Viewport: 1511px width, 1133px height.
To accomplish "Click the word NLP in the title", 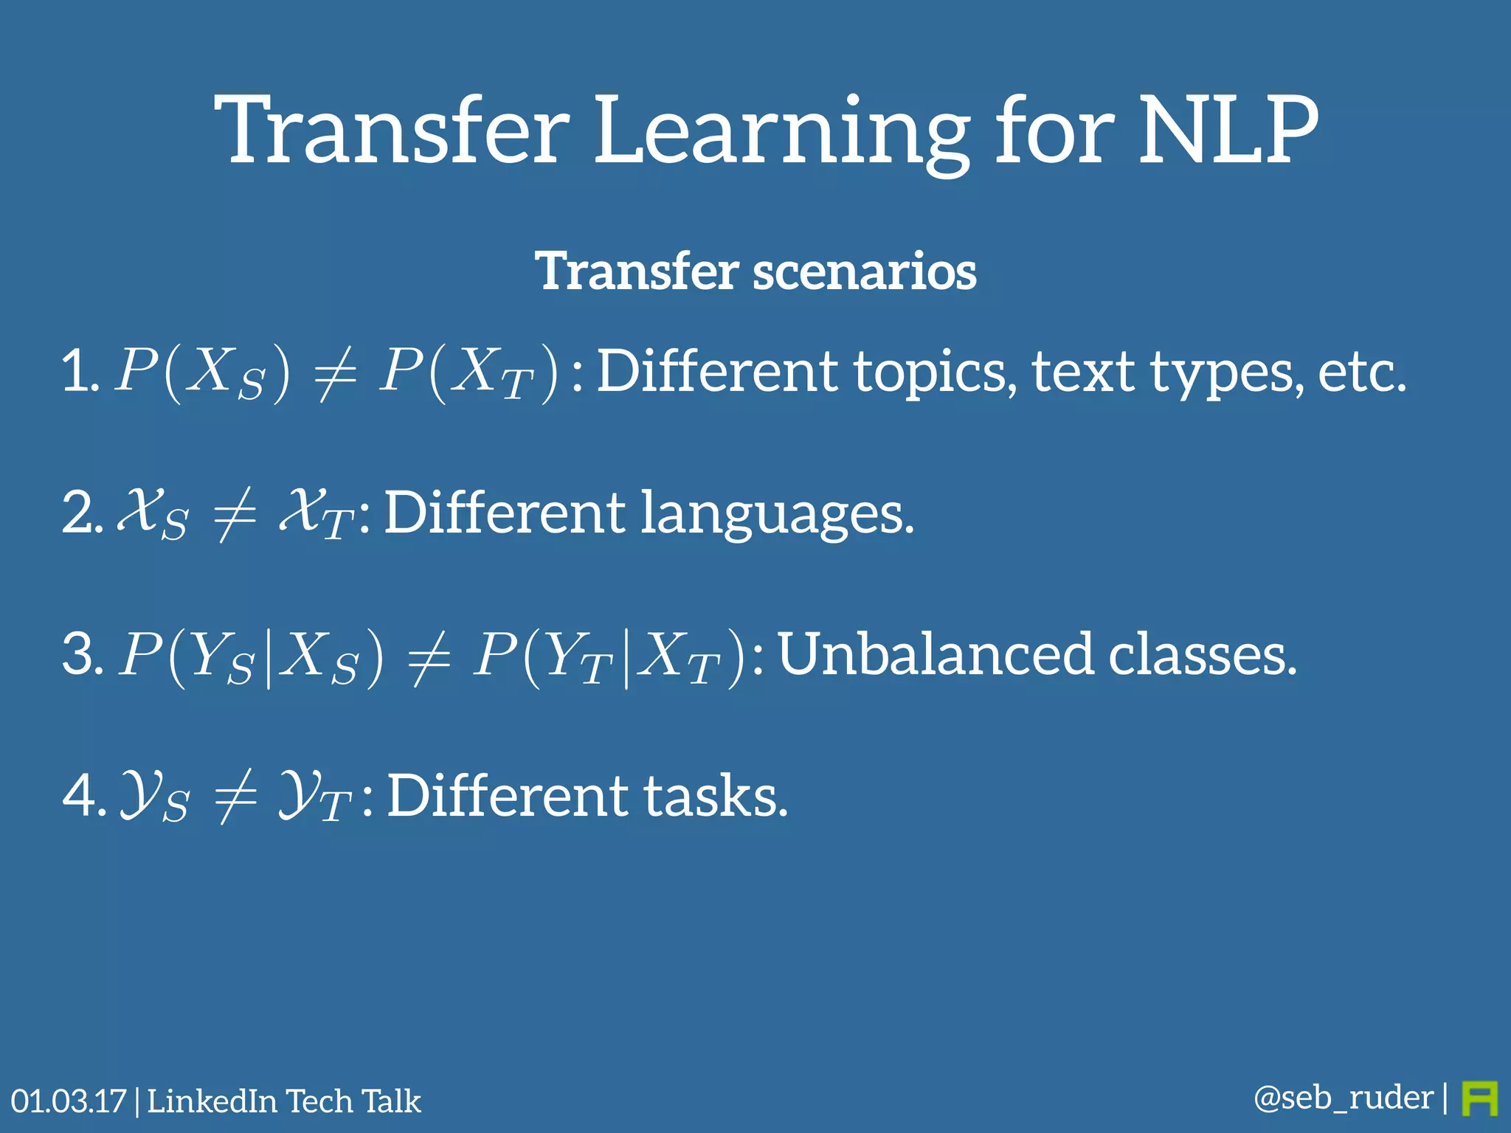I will [x=1228, y=131].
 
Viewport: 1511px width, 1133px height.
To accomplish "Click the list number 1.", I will [x=78, y=371].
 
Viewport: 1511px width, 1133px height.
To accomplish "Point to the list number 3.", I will [x=81, y=654].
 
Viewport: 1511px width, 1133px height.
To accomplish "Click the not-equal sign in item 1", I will [x=336, y=374].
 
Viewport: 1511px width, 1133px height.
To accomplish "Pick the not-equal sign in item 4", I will [x=235, y=798].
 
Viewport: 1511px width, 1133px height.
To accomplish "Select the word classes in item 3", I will [x=1203, y=654].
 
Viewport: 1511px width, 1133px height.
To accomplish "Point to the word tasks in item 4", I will [x=716, y=797].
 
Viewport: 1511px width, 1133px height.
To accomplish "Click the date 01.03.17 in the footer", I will [x=69, y=1101].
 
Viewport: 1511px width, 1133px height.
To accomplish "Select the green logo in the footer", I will [x=1479, y=1099].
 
